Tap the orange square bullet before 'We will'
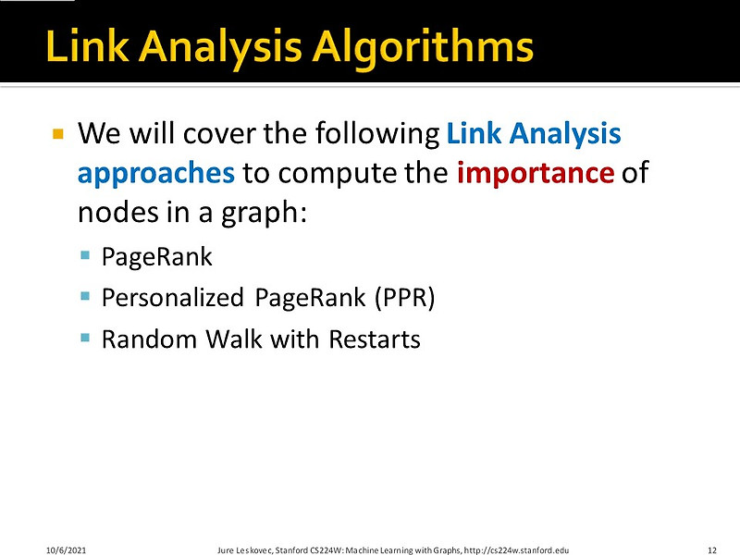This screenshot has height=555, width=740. [57, 134]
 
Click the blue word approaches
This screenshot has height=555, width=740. [155, 173]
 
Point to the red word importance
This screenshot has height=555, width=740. [535, 173]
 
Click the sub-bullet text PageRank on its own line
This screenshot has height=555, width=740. [157, 256]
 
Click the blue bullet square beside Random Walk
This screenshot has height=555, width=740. [85, 338]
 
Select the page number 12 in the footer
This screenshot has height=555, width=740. [712, 548]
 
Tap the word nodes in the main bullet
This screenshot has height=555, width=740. [110, 212]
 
